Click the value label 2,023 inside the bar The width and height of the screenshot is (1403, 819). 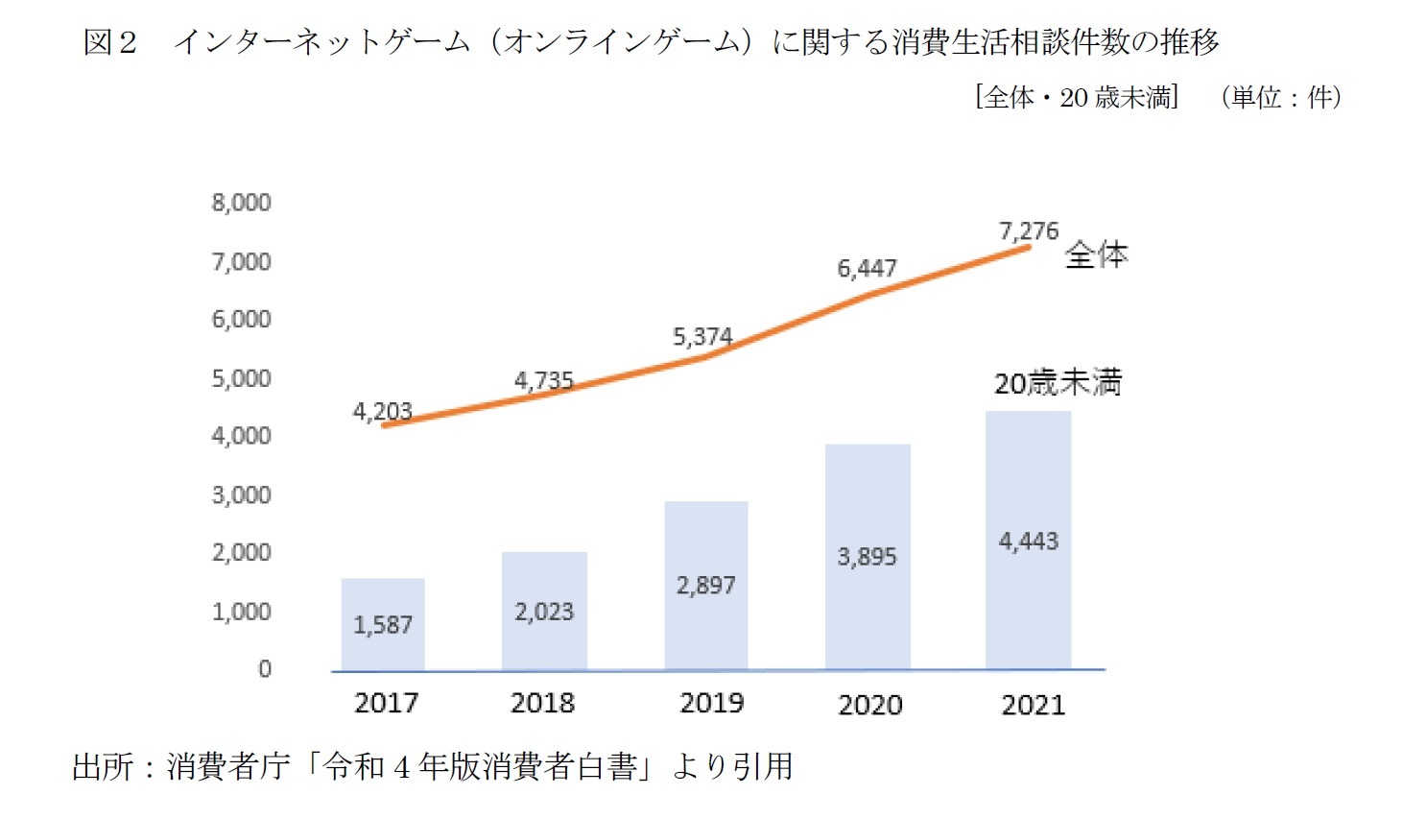coord(544,612)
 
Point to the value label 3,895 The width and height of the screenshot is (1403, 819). coord(867,557)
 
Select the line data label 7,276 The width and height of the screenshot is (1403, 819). coord(1028,231)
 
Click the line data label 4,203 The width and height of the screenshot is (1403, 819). coord(382,412)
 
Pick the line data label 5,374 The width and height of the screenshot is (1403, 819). coord(702,337)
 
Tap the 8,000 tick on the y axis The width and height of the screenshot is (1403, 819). coord(241,203)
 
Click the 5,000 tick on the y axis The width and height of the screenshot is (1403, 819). coord(241,378)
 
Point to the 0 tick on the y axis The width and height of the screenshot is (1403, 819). coord(265,669)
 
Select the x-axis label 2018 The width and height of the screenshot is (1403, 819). coord(542,704)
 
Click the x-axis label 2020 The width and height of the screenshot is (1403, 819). coord(870,706)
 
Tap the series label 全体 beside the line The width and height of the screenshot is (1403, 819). coord(1096,255)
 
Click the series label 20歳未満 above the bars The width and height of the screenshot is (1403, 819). coord(1058,383)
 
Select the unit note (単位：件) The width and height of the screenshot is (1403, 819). coord(1281,97)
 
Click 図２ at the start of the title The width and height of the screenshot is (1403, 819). coord(110,42)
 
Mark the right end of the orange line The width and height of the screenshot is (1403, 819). coord(1028,248)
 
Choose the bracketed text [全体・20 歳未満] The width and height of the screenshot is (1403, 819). coord(1077,97)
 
